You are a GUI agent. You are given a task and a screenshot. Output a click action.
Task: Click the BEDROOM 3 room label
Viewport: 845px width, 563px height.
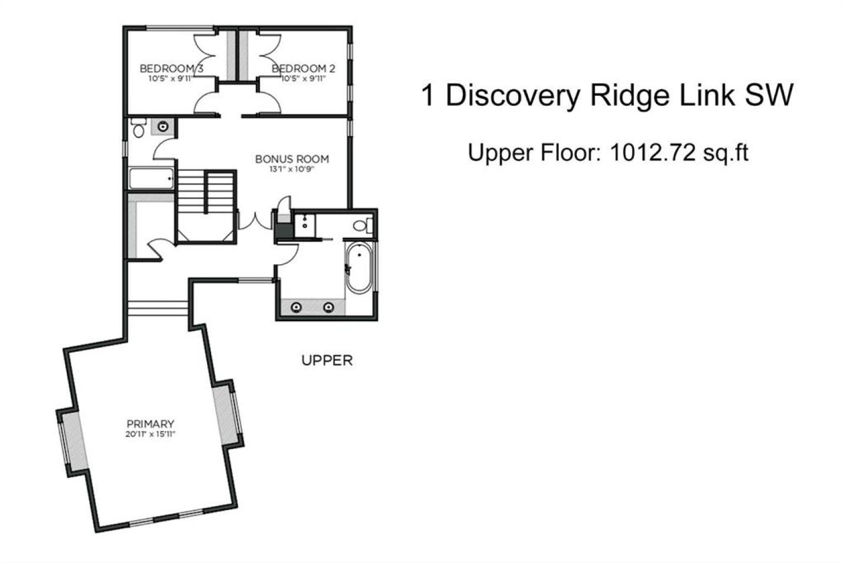click(x=171, y=69)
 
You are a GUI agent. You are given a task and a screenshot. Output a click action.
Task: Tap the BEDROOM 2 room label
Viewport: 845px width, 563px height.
click(x=303, y=69)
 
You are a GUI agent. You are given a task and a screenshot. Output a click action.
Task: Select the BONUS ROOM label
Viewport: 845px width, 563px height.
click(x=292, y=159)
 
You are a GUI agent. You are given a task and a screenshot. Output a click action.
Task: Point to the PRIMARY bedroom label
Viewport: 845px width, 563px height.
click(x=150, y=424)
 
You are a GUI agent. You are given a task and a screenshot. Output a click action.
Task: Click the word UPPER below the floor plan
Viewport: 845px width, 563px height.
click(x=327, y=360)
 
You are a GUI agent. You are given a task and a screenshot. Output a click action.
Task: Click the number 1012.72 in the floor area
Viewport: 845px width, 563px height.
click(x=653, y=153)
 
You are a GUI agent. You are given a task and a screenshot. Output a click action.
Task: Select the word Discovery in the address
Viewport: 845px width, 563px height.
click(x=513, y=96)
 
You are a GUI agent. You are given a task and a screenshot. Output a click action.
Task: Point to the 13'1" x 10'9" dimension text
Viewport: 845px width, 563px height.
click(x=292, y=170)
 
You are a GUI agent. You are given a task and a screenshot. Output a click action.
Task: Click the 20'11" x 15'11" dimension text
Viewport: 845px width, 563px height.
click(x=150, y=434)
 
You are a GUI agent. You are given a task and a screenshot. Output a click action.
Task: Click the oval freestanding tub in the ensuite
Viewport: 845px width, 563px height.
click(x=359, y=267)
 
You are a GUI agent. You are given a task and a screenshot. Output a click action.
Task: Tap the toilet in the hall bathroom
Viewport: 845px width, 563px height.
click(x=139, y=127)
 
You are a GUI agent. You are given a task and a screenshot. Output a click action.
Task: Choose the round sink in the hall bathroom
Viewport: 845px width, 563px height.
click(x=163, y=127)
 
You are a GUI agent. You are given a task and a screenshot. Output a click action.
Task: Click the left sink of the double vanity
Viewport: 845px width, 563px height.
click(x=296, y=308)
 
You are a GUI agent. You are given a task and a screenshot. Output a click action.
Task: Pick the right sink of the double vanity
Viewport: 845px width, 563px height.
click(x=329, y=308)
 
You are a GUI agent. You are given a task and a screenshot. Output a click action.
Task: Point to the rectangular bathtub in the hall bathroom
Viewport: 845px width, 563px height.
click(x=151, y=178)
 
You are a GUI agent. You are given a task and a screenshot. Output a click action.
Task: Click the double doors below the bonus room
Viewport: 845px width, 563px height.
click(x=255, y=221)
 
